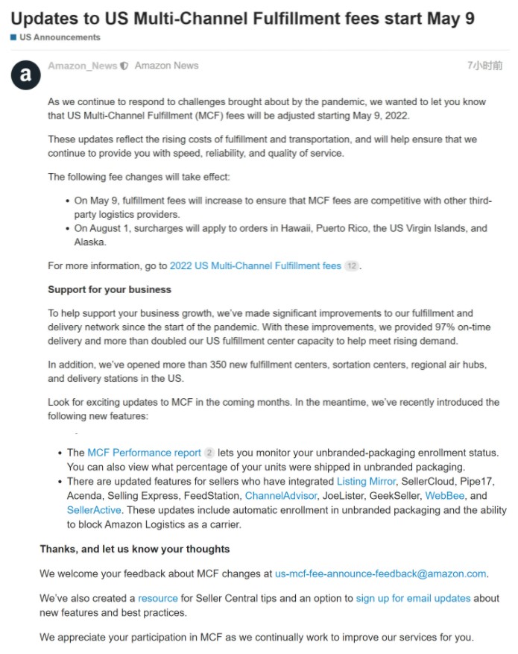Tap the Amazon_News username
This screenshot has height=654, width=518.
pos(82,66)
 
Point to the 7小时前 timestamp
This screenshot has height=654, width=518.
pos(484,66)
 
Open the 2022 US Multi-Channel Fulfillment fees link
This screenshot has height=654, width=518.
pos(255,265)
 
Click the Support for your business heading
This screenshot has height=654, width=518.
pos(110,289)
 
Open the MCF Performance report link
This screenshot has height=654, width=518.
pos(144,453)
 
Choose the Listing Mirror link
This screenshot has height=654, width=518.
pos(366,482)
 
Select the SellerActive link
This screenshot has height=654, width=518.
pos(95,510)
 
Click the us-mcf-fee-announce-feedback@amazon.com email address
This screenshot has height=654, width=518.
pos(380,573)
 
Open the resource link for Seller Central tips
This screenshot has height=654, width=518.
pos(158,598)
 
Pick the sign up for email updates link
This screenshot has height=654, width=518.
pos(413,598)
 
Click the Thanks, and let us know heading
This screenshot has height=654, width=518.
pos(134,549)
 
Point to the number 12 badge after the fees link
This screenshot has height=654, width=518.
pos(352,265)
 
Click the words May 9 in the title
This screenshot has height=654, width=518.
pos(446,18)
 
